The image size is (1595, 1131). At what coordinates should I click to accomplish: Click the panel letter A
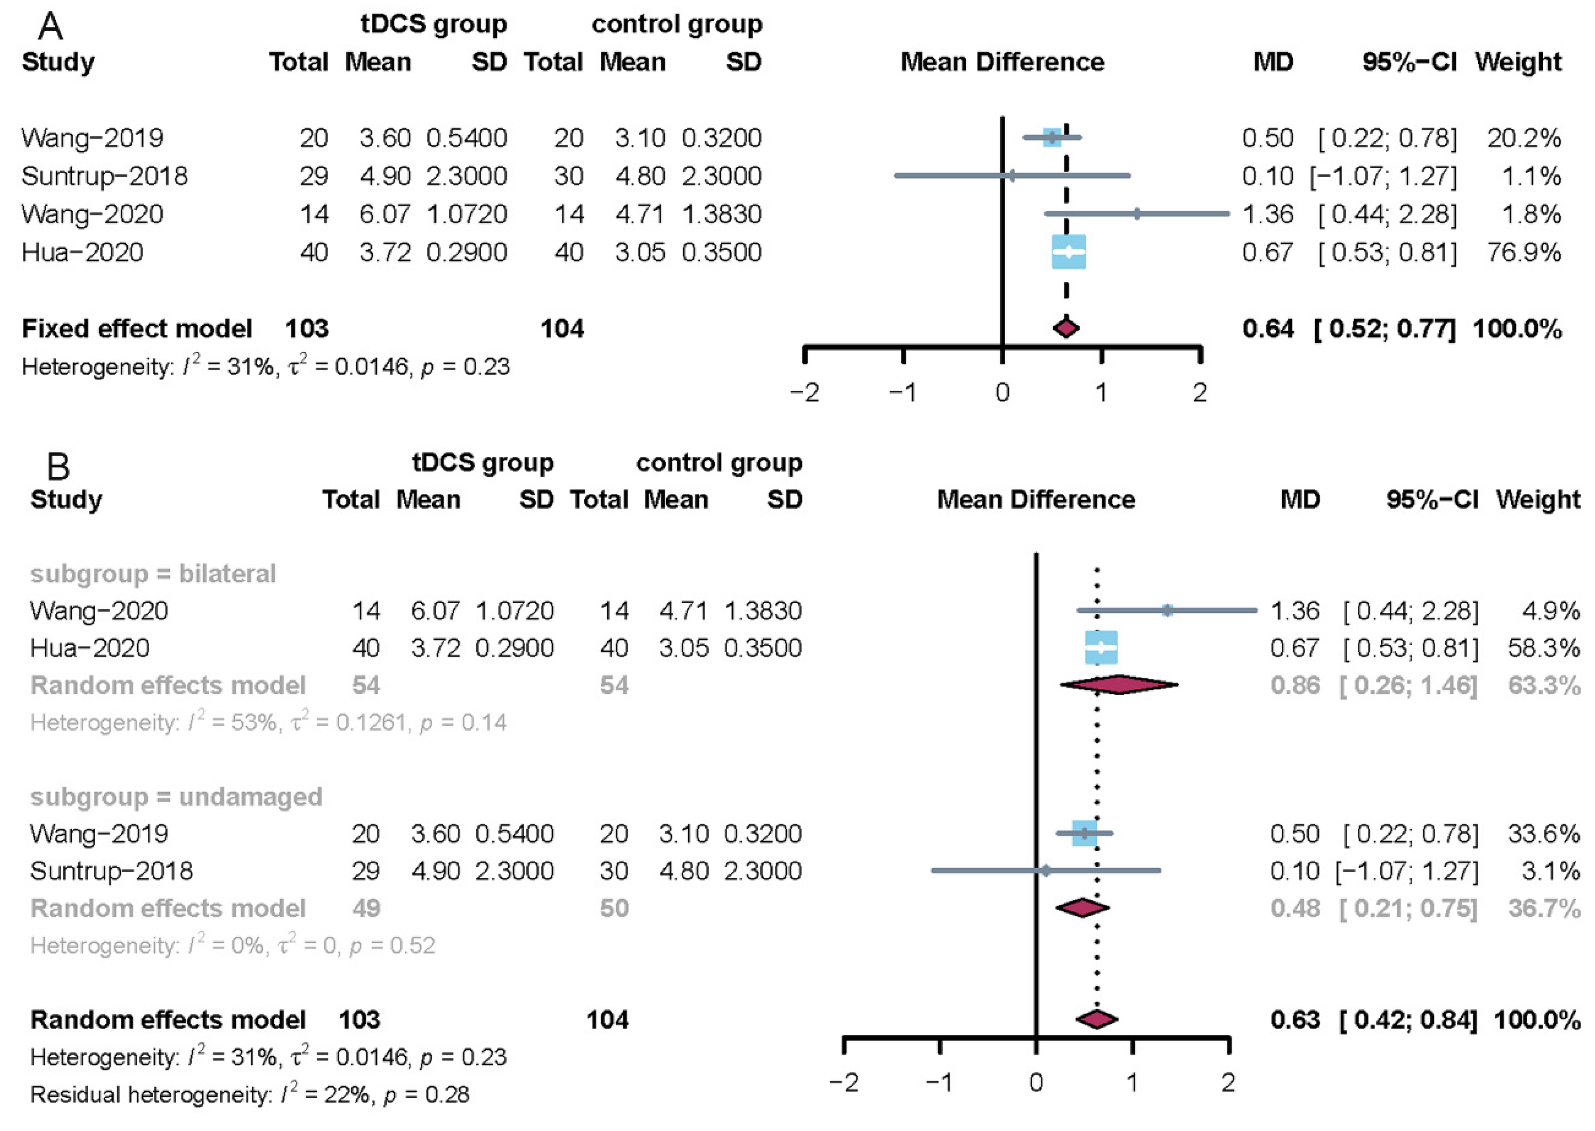click(51, 27)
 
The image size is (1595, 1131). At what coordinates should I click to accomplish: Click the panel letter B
click(58, 466)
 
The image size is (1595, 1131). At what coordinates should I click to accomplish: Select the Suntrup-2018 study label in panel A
click(104, 176)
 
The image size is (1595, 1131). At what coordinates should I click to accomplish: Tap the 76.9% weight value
click(1524, 252)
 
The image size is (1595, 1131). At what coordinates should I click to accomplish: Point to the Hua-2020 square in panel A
click(1068, 252)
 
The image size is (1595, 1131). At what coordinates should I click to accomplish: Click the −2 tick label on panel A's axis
click(805, 393)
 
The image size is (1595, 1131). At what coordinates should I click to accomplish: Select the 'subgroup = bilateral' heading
click(153, 574)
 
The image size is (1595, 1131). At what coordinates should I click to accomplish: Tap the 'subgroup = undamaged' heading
click(176, 797)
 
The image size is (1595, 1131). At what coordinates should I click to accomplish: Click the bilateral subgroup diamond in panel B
click(1119, 685)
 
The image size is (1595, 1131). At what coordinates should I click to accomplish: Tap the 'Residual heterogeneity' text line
click(250, 1095)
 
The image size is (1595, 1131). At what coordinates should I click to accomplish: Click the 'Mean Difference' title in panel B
click(1036, 499)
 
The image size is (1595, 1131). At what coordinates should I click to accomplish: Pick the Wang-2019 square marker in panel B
click(1084, 834)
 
